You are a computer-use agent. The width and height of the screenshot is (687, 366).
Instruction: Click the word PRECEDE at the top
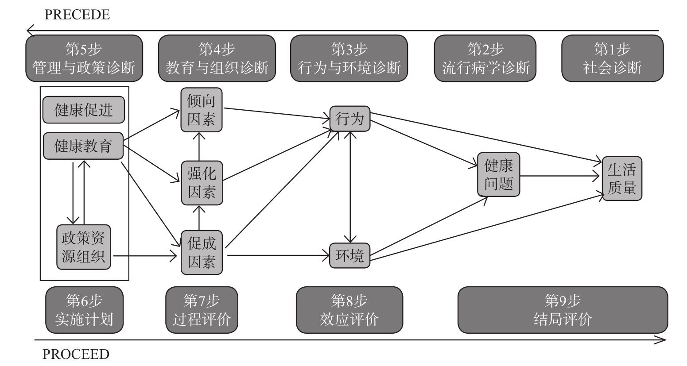point(77,15)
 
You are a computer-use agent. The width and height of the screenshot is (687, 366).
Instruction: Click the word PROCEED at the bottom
point(76,354)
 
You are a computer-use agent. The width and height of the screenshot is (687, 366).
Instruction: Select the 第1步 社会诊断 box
point(612,58)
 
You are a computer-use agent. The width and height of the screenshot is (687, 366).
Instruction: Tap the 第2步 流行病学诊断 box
point(485,58)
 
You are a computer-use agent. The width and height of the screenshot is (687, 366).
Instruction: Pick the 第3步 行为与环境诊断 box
point(349,58)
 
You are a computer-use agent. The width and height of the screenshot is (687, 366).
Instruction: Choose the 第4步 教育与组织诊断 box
point(217,58)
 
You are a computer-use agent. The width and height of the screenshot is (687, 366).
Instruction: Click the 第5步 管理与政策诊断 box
point(84,58)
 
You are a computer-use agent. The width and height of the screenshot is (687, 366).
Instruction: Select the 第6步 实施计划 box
point(84,310)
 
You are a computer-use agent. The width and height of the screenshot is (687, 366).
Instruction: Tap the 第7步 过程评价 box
point(202,310)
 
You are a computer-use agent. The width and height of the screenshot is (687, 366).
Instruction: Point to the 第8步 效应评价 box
point(349,310)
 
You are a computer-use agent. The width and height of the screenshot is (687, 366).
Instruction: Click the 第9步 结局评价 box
point(563,310)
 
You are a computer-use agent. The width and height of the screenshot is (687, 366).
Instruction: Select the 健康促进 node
point(84,110)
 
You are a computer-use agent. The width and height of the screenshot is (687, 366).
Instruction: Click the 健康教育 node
point(83,146)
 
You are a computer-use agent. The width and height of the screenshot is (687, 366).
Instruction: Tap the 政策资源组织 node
point(83,247)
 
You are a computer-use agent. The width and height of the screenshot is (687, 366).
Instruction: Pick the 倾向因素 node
point(201,110)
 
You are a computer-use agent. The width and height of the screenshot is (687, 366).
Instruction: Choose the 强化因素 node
point(202,183)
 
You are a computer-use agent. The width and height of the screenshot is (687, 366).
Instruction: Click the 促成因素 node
point(202,253)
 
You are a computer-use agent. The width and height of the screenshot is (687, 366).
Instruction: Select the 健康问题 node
point(498,174)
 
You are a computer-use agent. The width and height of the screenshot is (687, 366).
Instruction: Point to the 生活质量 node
point(621,178)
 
